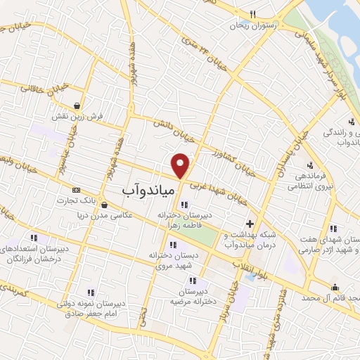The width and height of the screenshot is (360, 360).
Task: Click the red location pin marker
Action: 181,166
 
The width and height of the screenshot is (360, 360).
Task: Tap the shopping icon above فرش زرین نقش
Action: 84,103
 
